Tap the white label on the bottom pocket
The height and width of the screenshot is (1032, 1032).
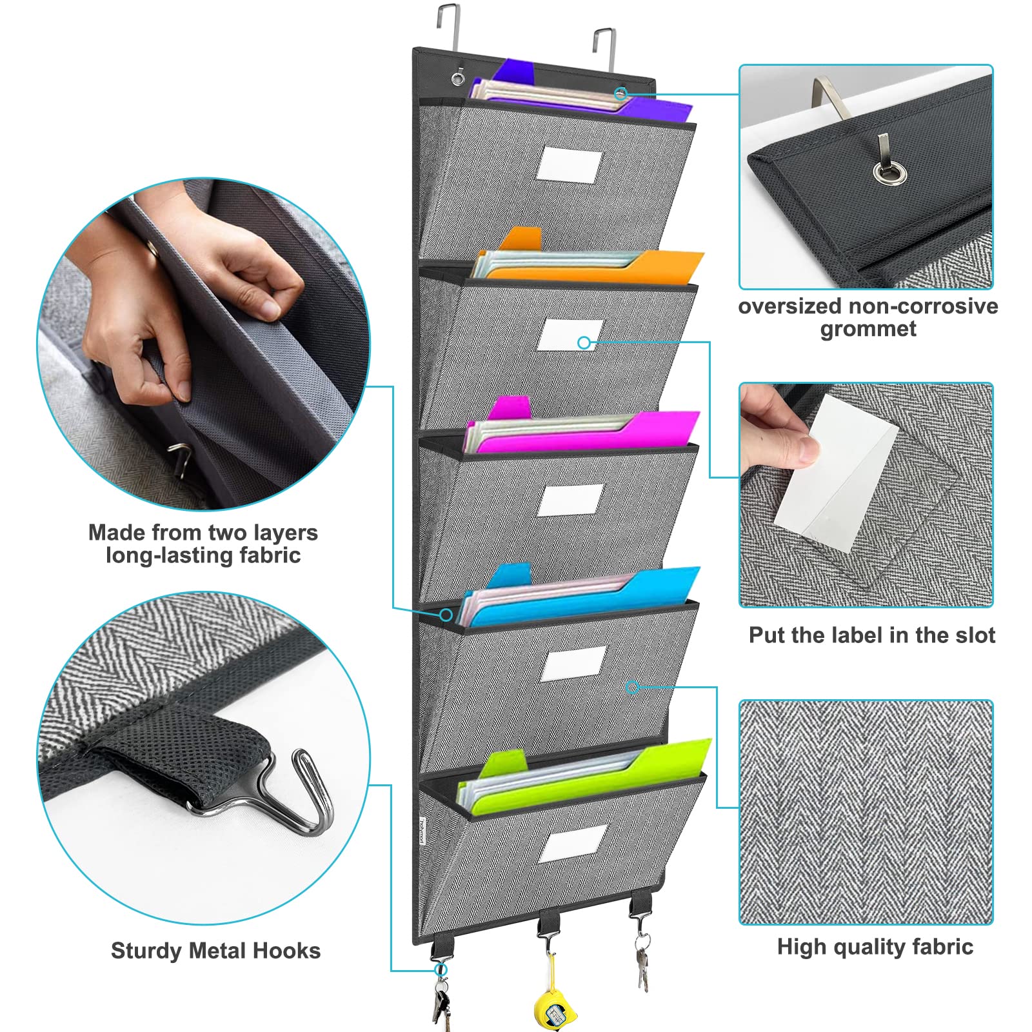573,842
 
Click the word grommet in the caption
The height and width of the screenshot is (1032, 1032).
868,329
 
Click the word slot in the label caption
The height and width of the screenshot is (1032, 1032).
974,635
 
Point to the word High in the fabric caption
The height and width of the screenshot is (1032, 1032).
800,947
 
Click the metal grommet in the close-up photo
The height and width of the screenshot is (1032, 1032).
890,173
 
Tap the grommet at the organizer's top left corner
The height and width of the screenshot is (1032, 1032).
458,80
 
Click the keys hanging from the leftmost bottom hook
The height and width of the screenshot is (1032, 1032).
441,1003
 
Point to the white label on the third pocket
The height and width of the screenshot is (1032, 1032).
571,499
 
